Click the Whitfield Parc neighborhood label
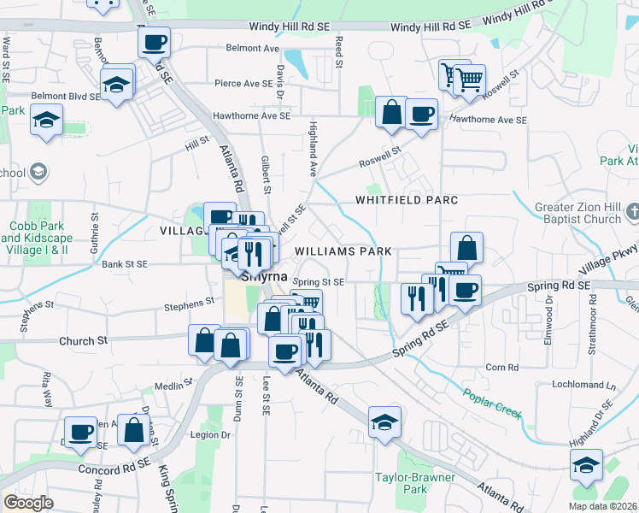(x=407, y=200)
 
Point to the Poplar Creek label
(x=492, y=404)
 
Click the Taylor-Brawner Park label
(x=402, y=483)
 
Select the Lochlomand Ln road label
(x=583, y=386)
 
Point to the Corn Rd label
(x=496, y=367)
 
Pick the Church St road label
(x=84, y=340)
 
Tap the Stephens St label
(x=190, y=303)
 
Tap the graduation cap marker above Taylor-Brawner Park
(x=384, y=422)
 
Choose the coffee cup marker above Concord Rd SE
(x=81, y=432)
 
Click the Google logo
(x=28, y=503)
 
